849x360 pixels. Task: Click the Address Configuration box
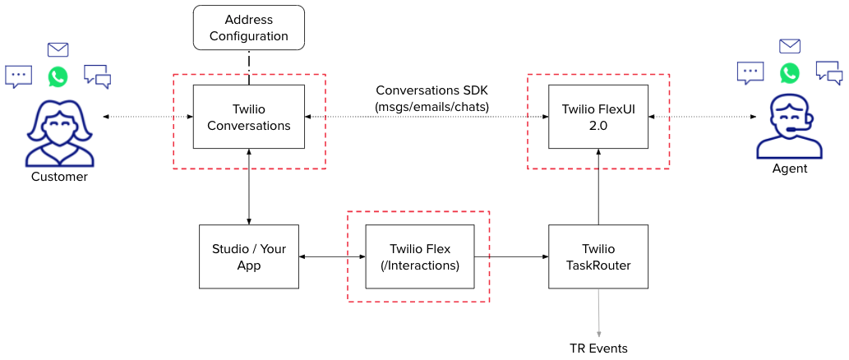[x=248, y=28]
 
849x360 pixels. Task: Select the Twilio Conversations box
[x=248, y=118]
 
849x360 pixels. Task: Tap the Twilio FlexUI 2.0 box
[x=598, y=116]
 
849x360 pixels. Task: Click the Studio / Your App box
[x=248, y=256]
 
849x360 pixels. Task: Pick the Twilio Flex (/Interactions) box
[x=419, y=256]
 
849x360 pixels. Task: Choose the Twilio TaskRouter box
[x=598, y=256]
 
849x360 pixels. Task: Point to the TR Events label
[x=598, y=348]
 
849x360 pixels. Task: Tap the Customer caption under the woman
[x=59, y=177]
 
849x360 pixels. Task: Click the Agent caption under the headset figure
[x=789, y=168]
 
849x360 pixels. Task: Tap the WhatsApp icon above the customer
[x=58, y=76]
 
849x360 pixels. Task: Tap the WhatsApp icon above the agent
[x=789, y=72]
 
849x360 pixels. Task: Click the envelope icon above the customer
[x=58, y=49]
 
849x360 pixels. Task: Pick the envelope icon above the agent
[x=789, y=46]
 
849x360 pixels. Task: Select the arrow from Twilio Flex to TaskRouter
[x=510, y=257]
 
